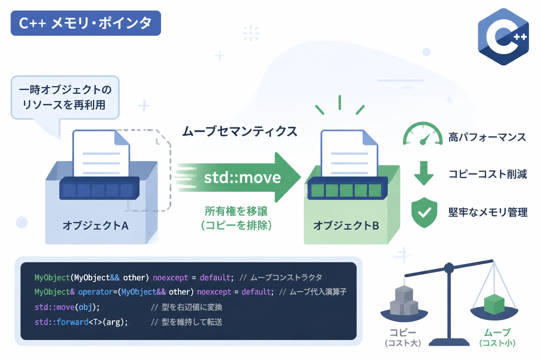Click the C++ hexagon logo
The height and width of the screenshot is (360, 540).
tap(503, 37)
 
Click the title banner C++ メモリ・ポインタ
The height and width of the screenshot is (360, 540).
tap(86, 23)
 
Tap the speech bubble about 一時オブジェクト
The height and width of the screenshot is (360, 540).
tap(65, 98)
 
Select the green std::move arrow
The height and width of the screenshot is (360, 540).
tap(239, 178)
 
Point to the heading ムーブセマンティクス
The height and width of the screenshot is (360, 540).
tap(240, 131)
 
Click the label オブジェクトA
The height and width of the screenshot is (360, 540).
tap(96, 226)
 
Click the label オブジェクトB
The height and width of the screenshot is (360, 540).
tap(346, 226)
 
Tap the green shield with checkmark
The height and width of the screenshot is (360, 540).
tap(424, 212)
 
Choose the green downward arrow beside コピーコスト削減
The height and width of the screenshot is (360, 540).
tap(424, 173)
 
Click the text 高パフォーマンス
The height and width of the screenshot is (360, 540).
tap(487, 137)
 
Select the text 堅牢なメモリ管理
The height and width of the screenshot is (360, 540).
tap(488, 212)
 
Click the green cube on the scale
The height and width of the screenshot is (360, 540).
tap(494, 304)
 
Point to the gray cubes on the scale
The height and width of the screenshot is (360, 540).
tap(404, 300)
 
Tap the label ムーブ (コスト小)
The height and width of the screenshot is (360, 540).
tap(497, 337)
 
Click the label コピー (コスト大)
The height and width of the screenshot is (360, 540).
tap(403, 337)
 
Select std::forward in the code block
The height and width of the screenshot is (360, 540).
tap(62, 322)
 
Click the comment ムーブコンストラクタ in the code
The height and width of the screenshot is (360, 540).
tap(286, 277)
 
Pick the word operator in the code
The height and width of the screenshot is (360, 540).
tap(96, 292)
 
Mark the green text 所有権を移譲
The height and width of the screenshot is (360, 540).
tap(236, 211)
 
